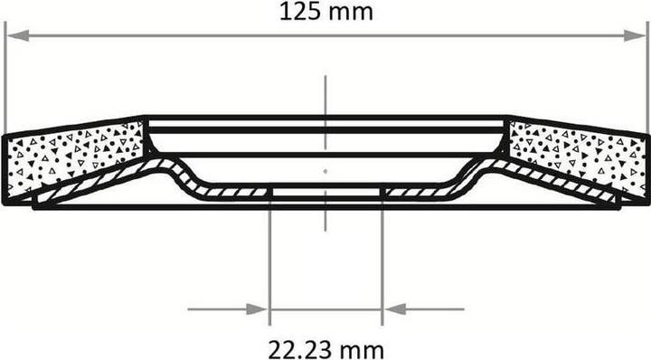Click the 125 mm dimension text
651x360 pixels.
click(326, 12)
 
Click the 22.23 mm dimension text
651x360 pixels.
click(325, 348)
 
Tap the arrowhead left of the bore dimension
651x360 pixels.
click(259, 309)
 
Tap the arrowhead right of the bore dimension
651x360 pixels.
click(392, 309)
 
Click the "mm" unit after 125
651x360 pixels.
click(355, 12)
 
